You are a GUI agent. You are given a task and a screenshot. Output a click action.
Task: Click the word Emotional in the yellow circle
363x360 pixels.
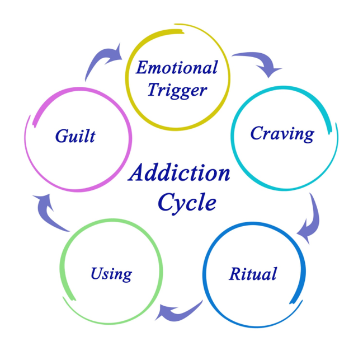click(177, 68)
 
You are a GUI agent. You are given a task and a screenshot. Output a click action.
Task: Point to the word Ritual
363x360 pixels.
click(253, 274)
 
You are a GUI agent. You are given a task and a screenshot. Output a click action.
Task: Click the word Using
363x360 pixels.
click(111, 274)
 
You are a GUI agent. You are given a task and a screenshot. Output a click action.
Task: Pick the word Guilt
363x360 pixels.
click(75, 135)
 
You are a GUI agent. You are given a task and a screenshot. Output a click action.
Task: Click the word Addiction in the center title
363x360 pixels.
click(179, 173)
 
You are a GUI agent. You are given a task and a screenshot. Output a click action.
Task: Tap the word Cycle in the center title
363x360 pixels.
click(186, 202)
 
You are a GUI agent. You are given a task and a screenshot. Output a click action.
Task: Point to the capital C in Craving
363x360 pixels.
click(257, 133)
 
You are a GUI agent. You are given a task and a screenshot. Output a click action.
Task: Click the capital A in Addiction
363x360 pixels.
click(137, 173)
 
